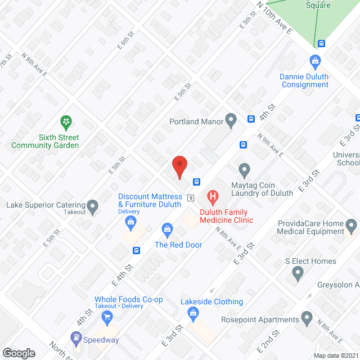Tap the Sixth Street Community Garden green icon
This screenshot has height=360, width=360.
(x=66, y=121)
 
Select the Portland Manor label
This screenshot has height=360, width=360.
(x=196, y=121)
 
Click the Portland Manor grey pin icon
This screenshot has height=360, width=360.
(x=231, y=120)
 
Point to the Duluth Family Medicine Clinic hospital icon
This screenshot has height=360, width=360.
(x=213, y=197)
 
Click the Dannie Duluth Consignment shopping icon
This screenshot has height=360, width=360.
(x=315, y=61)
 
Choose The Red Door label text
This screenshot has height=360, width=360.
(x=178, y=245)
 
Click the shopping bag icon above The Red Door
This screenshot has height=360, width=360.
(x=167, y=229)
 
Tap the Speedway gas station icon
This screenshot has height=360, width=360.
(x=76, y=339)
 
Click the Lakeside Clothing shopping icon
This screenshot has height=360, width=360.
(x=193, y=313)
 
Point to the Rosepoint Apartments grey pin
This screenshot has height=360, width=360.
(x=307, y=319)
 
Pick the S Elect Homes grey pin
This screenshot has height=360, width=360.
(x=298, y=274)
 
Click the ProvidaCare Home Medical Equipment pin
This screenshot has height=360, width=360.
(x=352, y=227)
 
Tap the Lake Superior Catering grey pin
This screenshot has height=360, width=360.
(x=93, y=206)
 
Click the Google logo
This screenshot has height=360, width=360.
(x=19, y=353)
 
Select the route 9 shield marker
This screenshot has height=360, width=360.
(x=191, y=198)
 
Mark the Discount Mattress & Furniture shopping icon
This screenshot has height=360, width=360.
(x=131, y=222)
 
